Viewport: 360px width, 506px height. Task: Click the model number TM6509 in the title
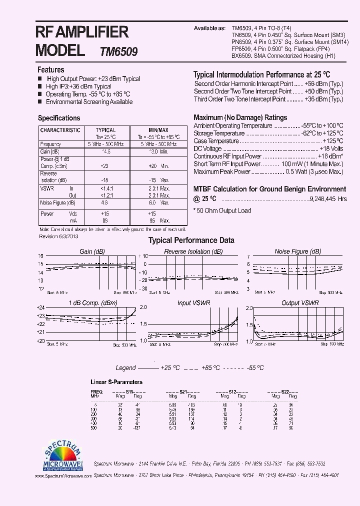(x=119, y=51)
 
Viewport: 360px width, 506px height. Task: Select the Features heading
(x=51, y=70)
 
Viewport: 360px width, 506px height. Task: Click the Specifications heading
(x=59, y=118)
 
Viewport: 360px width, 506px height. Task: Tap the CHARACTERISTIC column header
(x=60, y=130)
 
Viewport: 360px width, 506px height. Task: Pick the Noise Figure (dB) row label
(x=58, y=203)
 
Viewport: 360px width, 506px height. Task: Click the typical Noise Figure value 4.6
(x=104, y=203)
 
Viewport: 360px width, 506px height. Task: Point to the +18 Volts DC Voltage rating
(x=331, y=149)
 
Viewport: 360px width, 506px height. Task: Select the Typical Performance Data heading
(x=191, y=240)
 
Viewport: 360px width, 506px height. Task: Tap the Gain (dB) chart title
(x=92, y=251)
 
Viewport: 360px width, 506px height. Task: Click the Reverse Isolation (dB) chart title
(x=193, y=251)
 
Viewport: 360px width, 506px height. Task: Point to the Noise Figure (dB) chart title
(x=297, y=251)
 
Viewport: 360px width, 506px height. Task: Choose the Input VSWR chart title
(x=193, y=303)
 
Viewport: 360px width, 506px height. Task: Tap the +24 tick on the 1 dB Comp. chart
(x=41, y=307)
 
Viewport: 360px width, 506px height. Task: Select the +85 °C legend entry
(x=210, y=367)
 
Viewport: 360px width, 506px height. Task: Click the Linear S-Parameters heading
(x=116, y=382)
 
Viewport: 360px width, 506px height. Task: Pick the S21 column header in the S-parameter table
(x=183, y=391)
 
